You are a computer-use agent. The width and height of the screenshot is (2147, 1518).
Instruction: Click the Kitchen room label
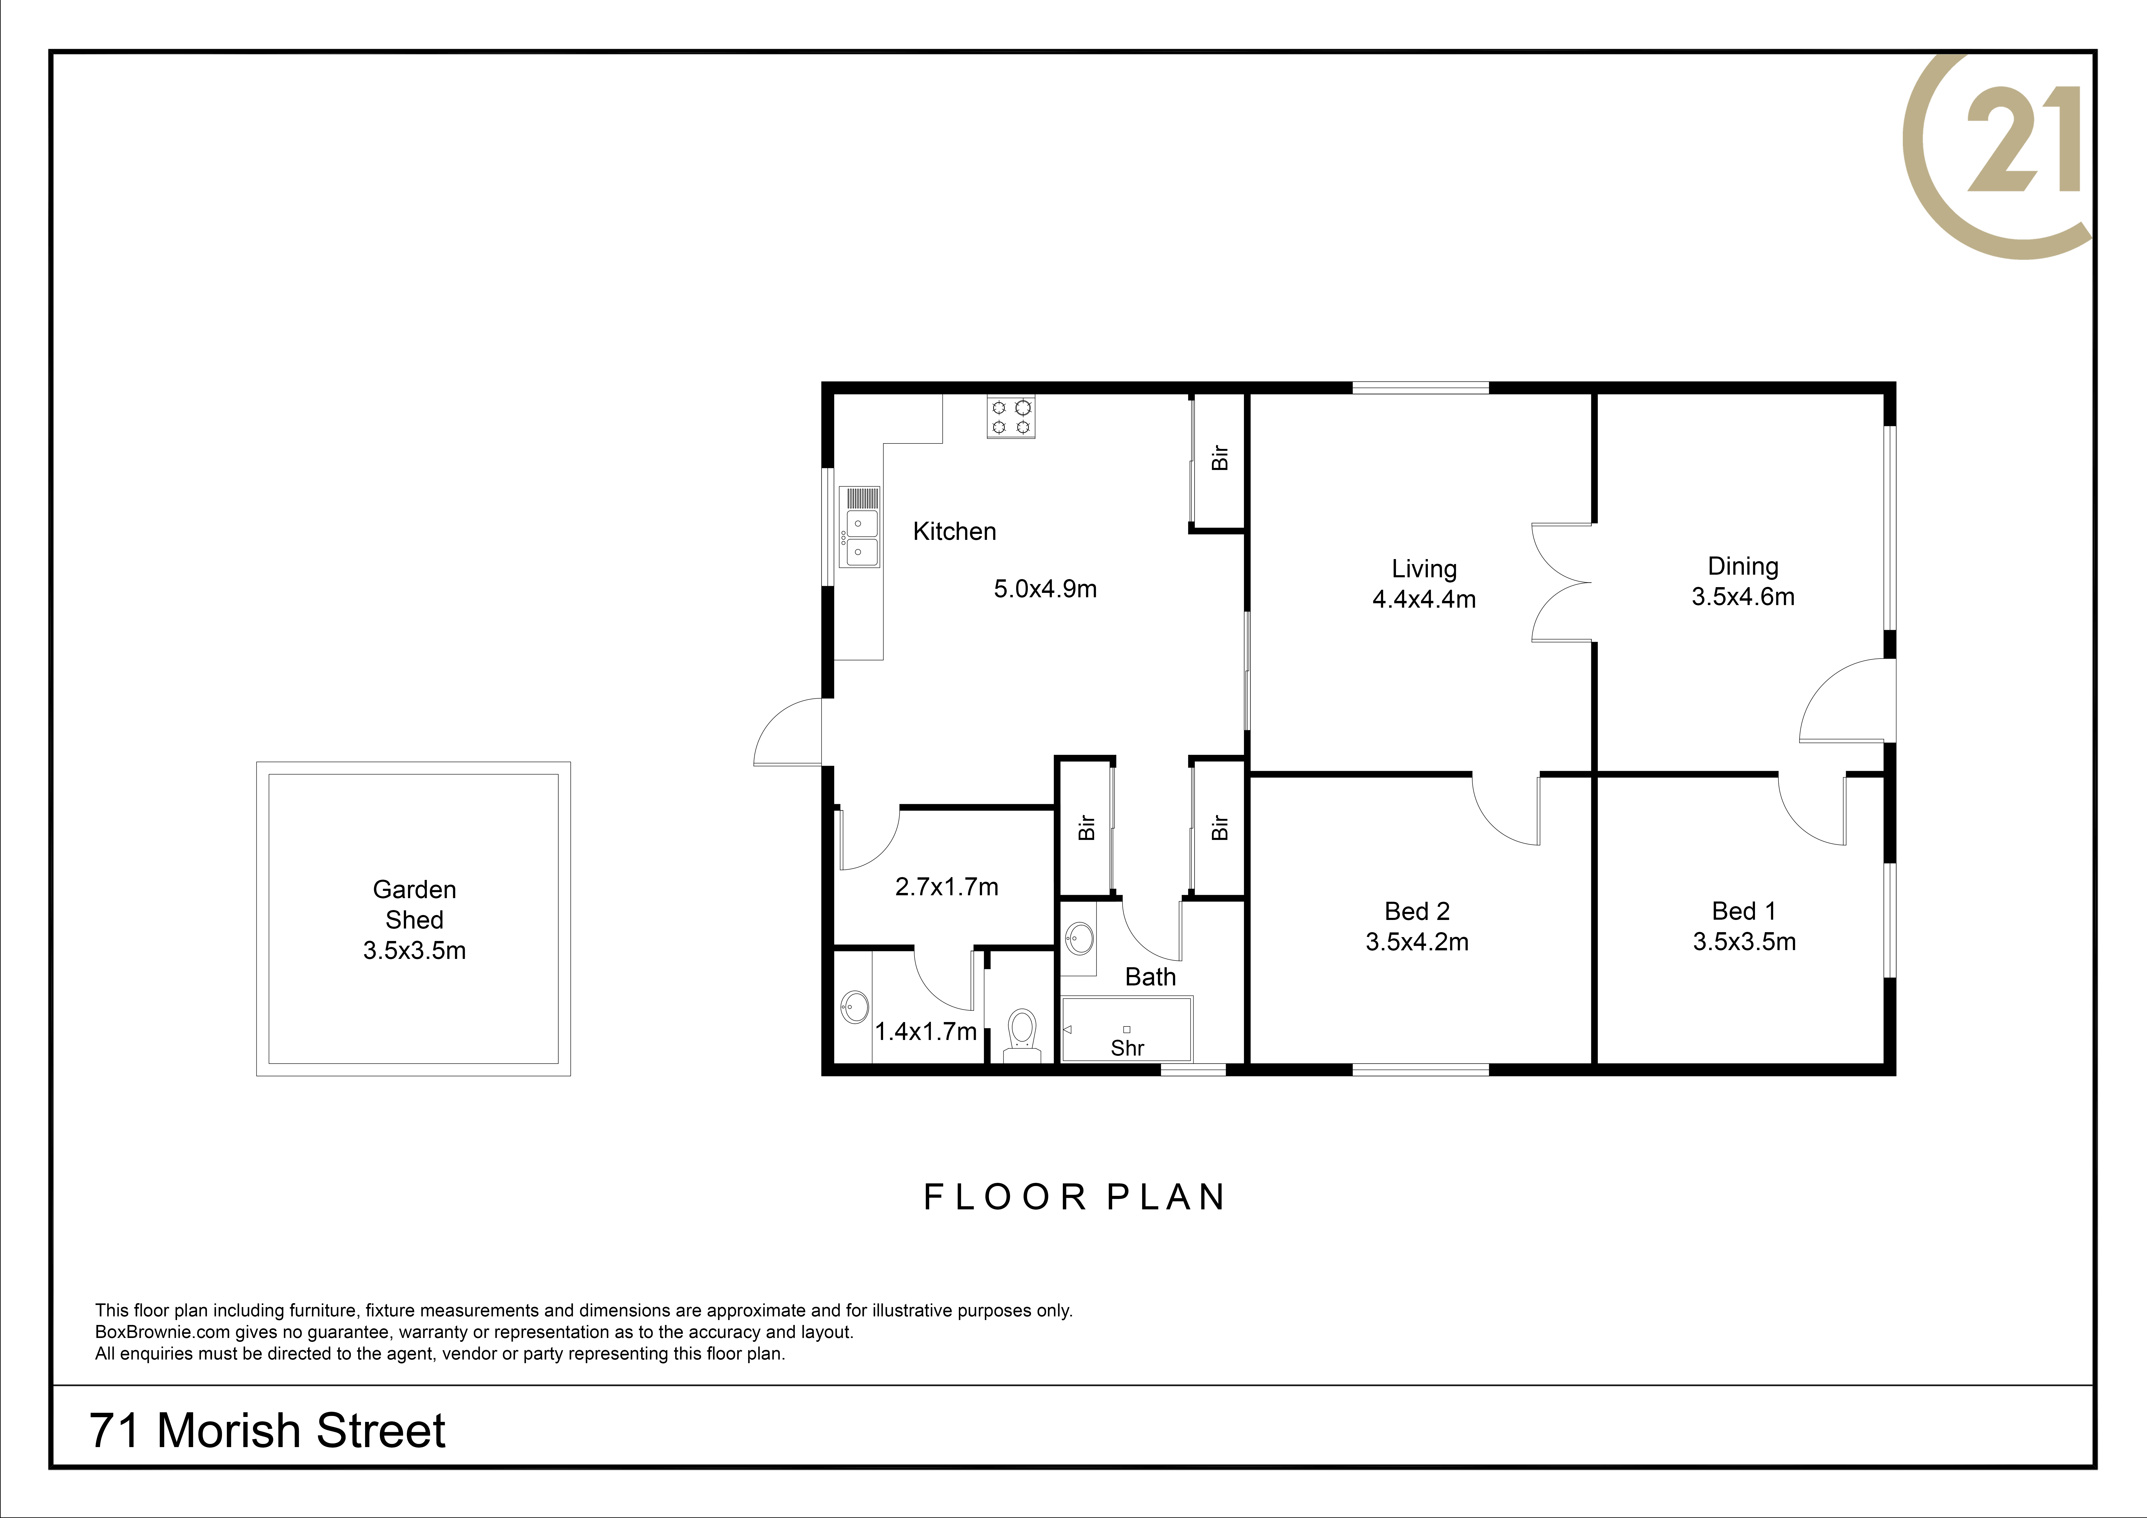[x=954, y=531]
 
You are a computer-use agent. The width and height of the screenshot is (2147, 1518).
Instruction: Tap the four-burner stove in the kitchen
[x=1011, y=417]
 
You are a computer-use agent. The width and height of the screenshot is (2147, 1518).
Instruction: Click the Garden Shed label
[x=414, y=904]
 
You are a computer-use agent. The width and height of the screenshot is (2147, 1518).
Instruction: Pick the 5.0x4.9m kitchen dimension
[x=1044, y=589]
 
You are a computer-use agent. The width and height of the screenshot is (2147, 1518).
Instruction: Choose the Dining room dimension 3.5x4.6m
[x=1743, y=597]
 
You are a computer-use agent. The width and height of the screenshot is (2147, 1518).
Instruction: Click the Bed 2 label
[x=1417, y=911]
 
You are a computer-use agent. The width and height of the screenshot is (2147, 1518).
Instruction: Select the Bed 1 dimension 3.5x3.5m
[x=1744, y=942]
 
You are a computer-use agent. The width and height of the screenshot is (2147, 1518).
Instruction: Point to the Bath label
[x=1150, y=977]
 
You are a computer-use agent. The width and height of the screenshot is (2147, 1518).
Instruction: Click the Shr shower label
[x=1127, y=1049]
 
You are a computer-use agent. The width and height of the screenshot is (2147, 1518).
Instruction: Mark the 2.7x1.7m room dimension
[x=946, y=887]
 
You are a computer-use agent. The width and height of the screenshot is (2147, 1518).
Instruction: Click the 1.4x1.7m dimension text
[x=926, y=1032]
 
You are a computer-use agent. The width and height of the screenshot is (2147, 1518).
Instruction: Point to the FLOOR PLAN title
[x=1075, y=1197]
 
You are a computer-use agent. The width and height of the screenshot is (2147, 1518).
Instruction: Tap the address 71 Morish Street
[x=267, y=1431]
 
